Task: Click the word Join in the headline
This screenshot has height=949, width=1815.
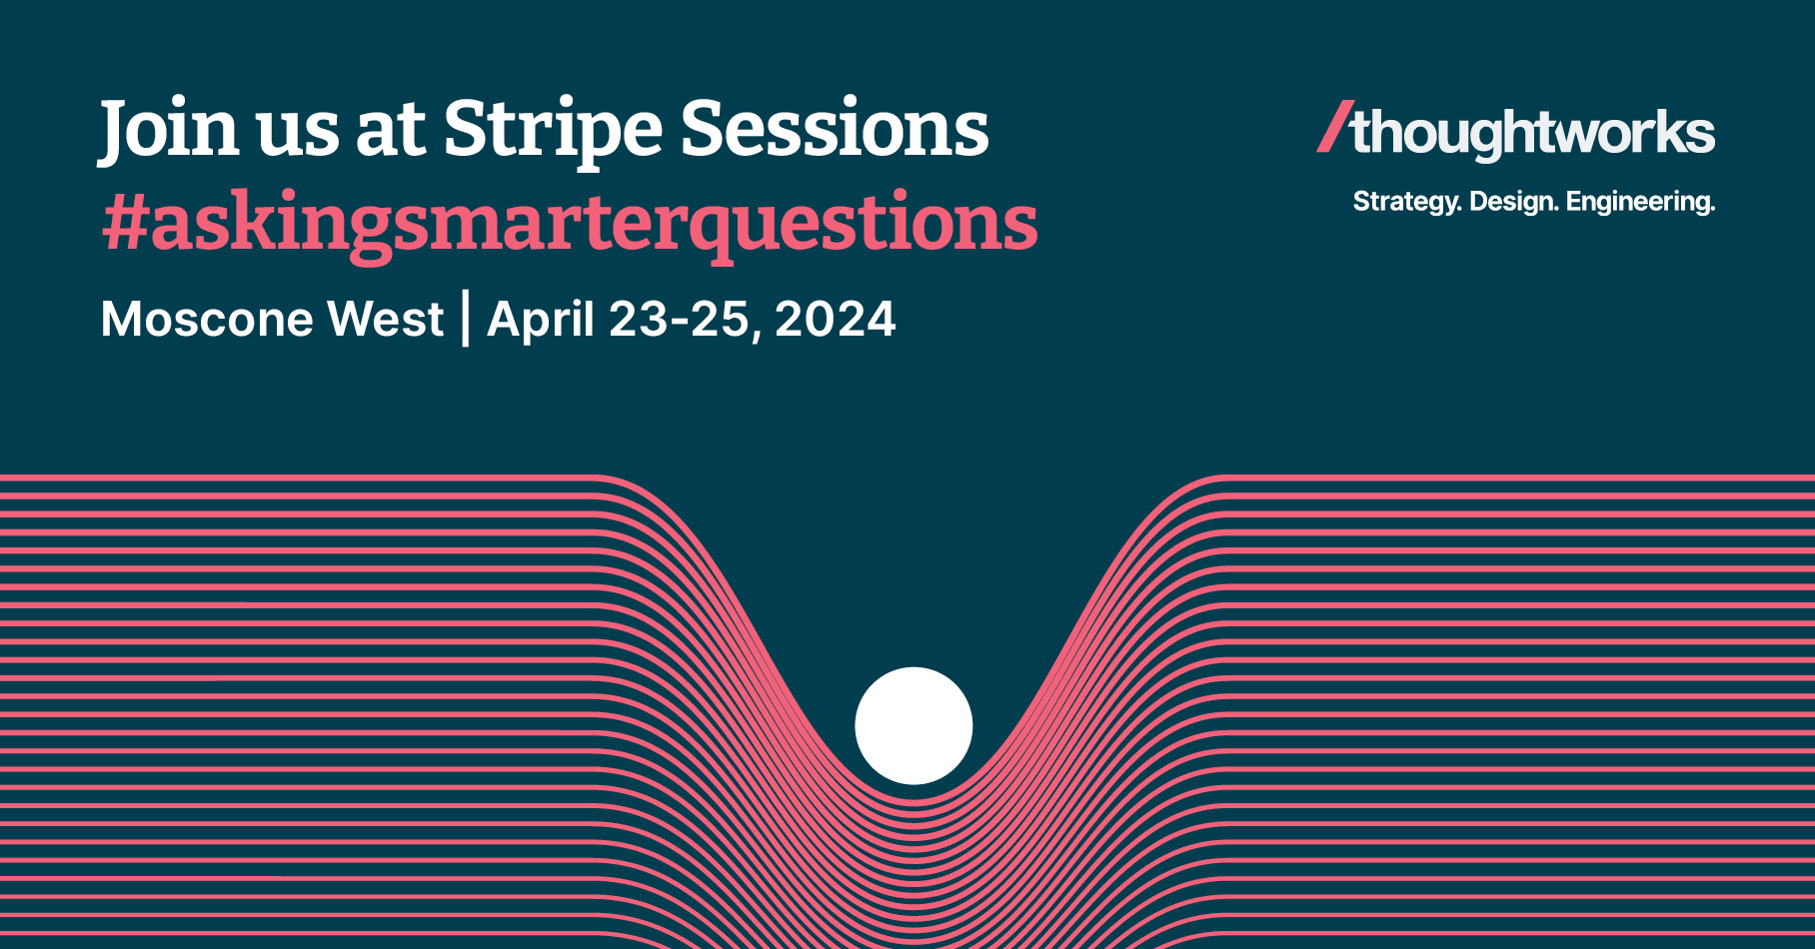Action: [x=169, y=129]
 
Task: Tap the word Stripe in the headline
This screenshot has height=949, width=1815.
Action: [x=552, y=129]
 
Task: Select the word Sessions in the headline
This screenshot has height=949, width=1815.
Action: [x=835, y=129]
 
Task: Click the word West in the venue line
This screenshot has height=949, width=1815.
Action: [x=386, y=320]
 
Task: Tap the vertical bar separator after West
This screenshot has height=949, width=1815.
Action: [x=466, y=319]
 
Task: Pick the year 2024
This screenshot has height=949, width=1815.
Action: [x=836, y=320]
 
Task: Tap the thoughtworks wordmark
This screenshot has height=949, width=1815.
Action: [x=1532, y=133]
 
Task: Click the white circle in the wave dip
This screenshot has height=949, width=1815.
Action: [x=913, y=725]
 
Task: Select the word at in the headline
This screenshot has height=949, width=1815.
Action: [x=390, y=131]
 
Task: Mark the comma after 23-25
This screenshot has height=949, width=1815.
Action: [x=756, y=336]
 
